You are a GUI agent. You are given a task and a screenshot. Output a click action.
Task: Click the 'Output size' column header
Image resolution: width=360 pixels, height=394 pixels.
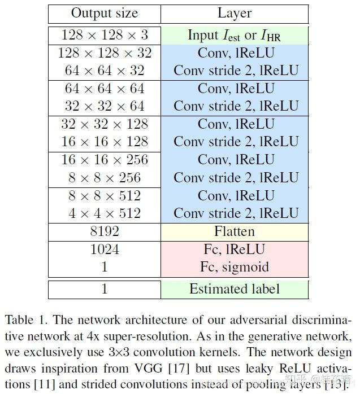tap(105, 14)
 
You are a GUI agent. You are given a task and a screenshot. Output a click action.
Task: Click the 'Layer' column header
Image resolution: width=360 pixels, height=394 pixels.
tap(235, 14)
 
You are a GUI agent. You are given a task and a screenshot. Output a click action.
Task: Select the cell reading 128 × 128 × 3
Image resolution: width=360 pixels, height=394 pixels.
tap(105, 35)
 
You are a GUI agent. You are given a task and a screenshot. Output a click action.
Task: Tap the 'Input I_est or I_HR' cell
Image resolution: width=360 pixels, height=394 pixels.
tap(235, 35)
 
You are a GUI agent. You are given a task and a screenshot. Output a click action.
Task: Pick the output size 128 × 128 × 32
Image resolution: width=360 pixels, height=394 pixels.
tap(105, 53)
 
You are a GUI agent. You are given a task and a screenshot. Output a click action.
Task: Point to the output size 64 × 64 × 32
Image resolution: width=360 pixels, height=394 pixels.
tap(105, 71)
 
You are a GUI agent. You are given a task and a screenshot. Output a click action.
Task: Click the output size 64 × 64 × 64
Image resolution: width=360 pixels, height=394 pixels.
tap(105, 89)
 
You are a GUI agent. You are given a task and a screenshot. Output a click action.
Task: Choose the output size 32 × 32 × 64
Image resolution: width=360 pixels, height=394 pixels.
tap(105, 106)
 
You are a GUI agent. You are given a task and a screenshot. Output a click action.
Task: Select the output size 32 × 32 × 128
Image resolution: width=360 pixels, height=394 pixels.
tap(105, 124)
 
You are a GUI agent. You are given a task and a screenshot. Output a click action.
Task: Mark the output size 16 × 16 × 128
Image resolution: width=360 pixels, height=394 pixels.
tap(105, 142)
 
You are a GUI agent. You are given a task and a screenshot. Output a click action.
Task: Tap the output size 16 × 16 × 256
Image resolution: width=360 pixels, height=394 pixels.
tap(105, 160)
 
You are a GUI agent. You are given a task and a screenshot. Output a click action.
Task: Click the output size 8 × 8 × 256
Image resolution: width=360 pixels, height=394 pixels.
tap(105, 177)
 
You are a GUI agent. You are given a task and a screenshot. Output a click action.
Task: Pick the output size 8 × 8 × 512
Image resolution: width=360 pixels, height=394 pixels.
tap(105, 195)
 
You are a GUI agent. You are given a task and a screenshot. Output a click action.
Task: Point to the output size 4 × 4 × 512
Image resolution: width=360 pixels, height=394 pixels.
tap(105, 213)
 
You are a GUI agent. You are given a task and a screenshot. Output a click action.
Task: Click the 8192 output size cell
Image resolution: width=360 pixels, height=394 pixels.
tap(105, 231)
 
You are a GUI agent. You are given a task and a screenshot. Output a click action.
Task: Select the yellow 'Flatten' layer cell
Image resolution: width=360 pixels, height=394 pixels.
tap(235, 231)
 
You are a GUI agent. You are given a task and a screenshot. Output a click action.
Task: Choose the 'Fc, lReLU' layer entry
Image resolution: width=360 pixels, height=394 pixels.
tap(235, 249)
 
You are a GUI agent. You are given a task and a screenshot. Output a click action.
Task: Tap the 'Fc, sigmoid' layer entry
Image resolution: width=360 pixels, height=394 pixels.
tap(235, 267)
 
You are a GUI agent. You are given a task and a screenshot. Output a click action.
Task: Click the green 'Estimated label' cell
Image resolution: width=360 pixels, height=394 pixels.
tap(235, 289)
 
